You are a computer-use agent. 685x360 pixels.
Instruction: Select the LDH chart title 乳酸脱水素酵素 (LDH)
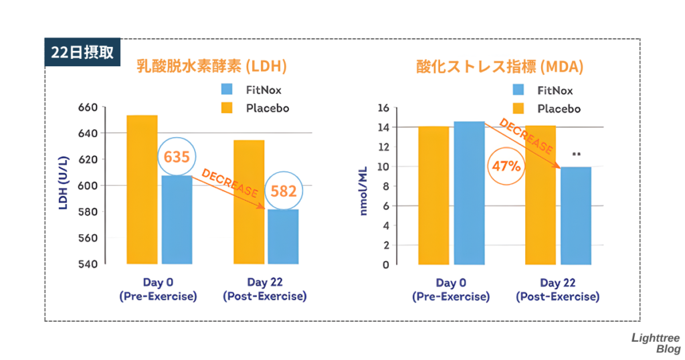point(211,66)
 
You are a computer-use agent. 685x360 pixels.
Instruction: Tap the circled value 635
point(177,158)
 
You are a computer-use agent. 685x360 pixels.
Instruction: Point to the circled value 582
point(284,191)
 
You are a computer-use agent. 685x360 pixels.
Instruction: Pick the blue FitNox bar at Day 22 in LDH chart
point(283,237)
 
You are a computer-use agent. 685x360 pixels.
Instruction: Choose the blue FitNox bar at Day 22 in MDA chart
point(576,215)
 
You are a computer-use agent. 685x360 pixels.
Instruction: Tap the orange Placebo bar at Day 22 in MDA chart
point(541,195)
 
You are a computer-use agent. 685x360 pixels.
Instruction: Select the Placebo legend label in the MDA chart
point(559,108)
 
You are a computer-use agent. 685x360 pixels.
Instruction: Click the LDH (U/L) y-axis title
point(64,185)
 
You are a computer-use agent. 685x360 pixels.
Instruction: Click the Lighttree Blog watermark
point(655,343)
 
